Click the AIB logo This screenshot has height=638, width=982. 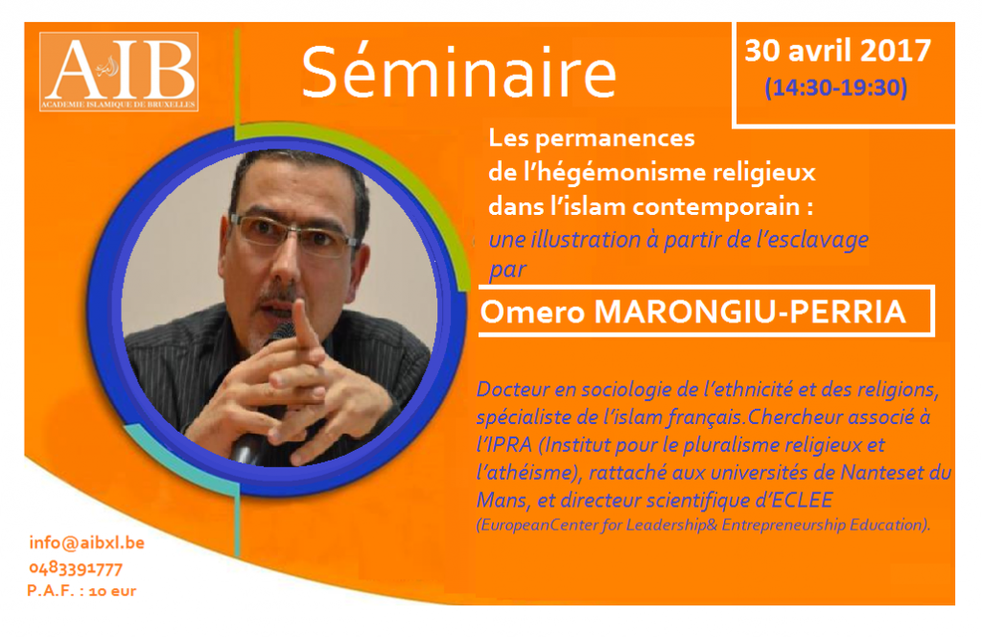click(119, 71)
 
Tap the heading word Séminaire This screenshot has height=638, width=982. click(459, 72)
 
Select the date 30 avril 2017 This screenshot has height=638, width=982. click(837, 51)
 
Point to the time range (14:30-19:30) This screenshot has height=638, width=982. click(836, 87)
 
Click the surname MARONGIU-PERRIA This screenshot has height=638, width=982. click(750, 312)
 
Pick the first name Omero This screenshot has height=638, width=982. click(532, 312)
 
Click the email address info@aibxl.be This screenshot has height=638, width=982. click(87, 543)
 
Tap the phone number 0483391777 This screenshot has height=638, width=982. click(76, 568)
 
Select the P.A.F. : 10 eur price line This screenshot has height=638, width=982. click(82, 591)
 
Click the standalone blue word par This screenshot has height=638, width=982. click(507, 271)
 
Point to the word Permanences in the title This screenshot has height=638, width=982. click(615, 138)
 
